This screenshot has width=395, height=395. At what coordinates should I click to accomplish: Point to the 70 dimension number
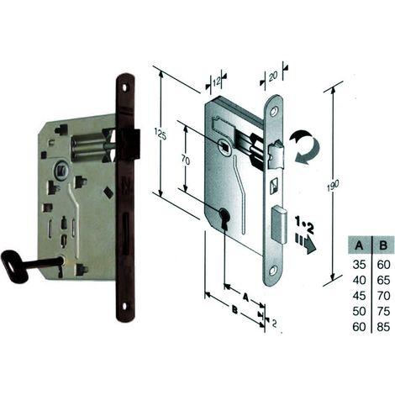186,161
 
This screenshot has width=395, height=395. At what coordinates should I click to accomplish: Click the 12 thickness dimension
216,82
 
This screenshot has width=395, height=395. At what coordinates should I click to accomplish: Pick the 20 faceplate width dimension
273,76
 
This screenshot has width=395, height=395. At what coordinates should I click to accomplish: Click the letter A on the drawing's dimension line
245,298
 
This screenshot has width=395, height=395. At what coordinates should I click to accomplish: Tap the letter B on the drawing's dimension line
235,310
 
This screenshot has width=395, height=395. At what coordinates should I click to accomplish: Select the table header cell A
359,245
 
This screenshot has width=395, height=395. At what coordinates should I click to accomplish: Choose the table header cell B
383,245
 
